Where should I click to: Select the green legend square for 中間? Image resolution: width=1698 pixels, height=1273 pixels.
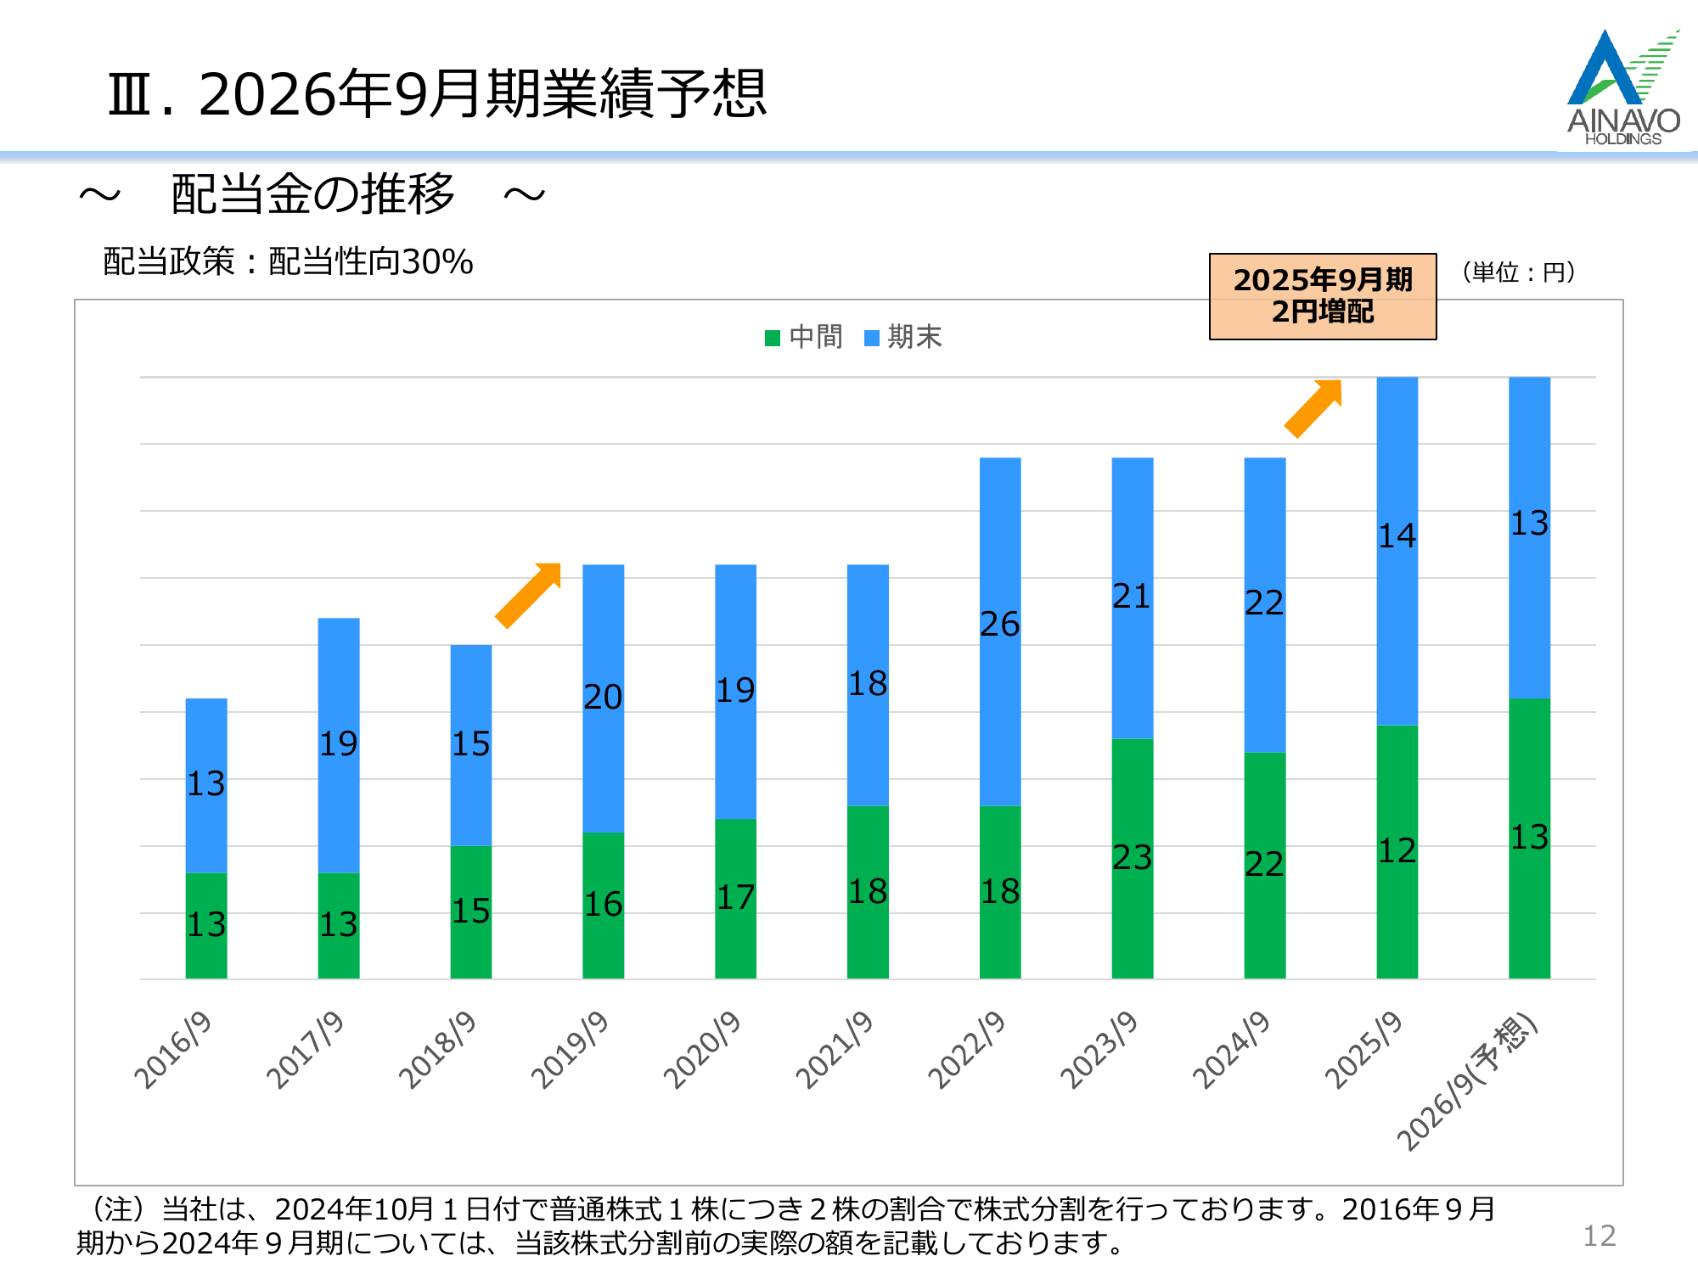point(773,338)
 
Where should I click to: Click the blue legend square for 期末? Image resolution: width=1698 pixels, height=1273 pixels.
point(871,338)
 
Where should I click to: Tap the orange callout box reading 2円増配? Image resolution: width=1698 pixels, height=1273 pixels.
point(1322,296)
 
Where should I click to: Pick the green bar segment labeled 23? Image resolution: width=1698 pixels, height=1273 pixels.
point(1132,858)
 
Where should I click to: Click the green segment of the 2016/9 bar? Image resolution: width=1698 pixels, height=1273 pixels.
point(206,925)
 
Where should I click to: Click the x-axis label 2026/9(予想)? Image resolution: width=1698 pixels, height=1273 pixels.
point(1467,1082)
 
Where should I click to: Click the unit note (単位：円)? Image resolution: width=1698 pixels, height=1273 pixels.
point(1519,272)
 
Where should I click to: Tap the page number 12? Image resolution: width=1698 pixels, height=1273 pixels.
point(1599,1236)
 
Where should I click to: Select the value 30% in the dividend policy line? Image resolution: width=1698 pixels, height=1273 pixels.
point(437,262)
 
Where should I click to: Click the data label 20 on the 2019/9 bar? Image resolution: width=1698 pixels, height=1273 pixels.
point(603,698)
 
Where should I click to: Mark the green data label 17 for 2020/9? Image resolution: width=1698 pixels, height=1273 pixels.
point(735,898)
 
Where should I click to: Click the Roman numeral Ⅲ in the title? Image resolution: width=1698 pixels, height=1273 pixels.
point(132,94)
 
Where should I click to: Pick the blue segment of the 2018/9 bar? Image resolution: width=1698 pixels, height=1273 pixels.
point(471,744)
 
